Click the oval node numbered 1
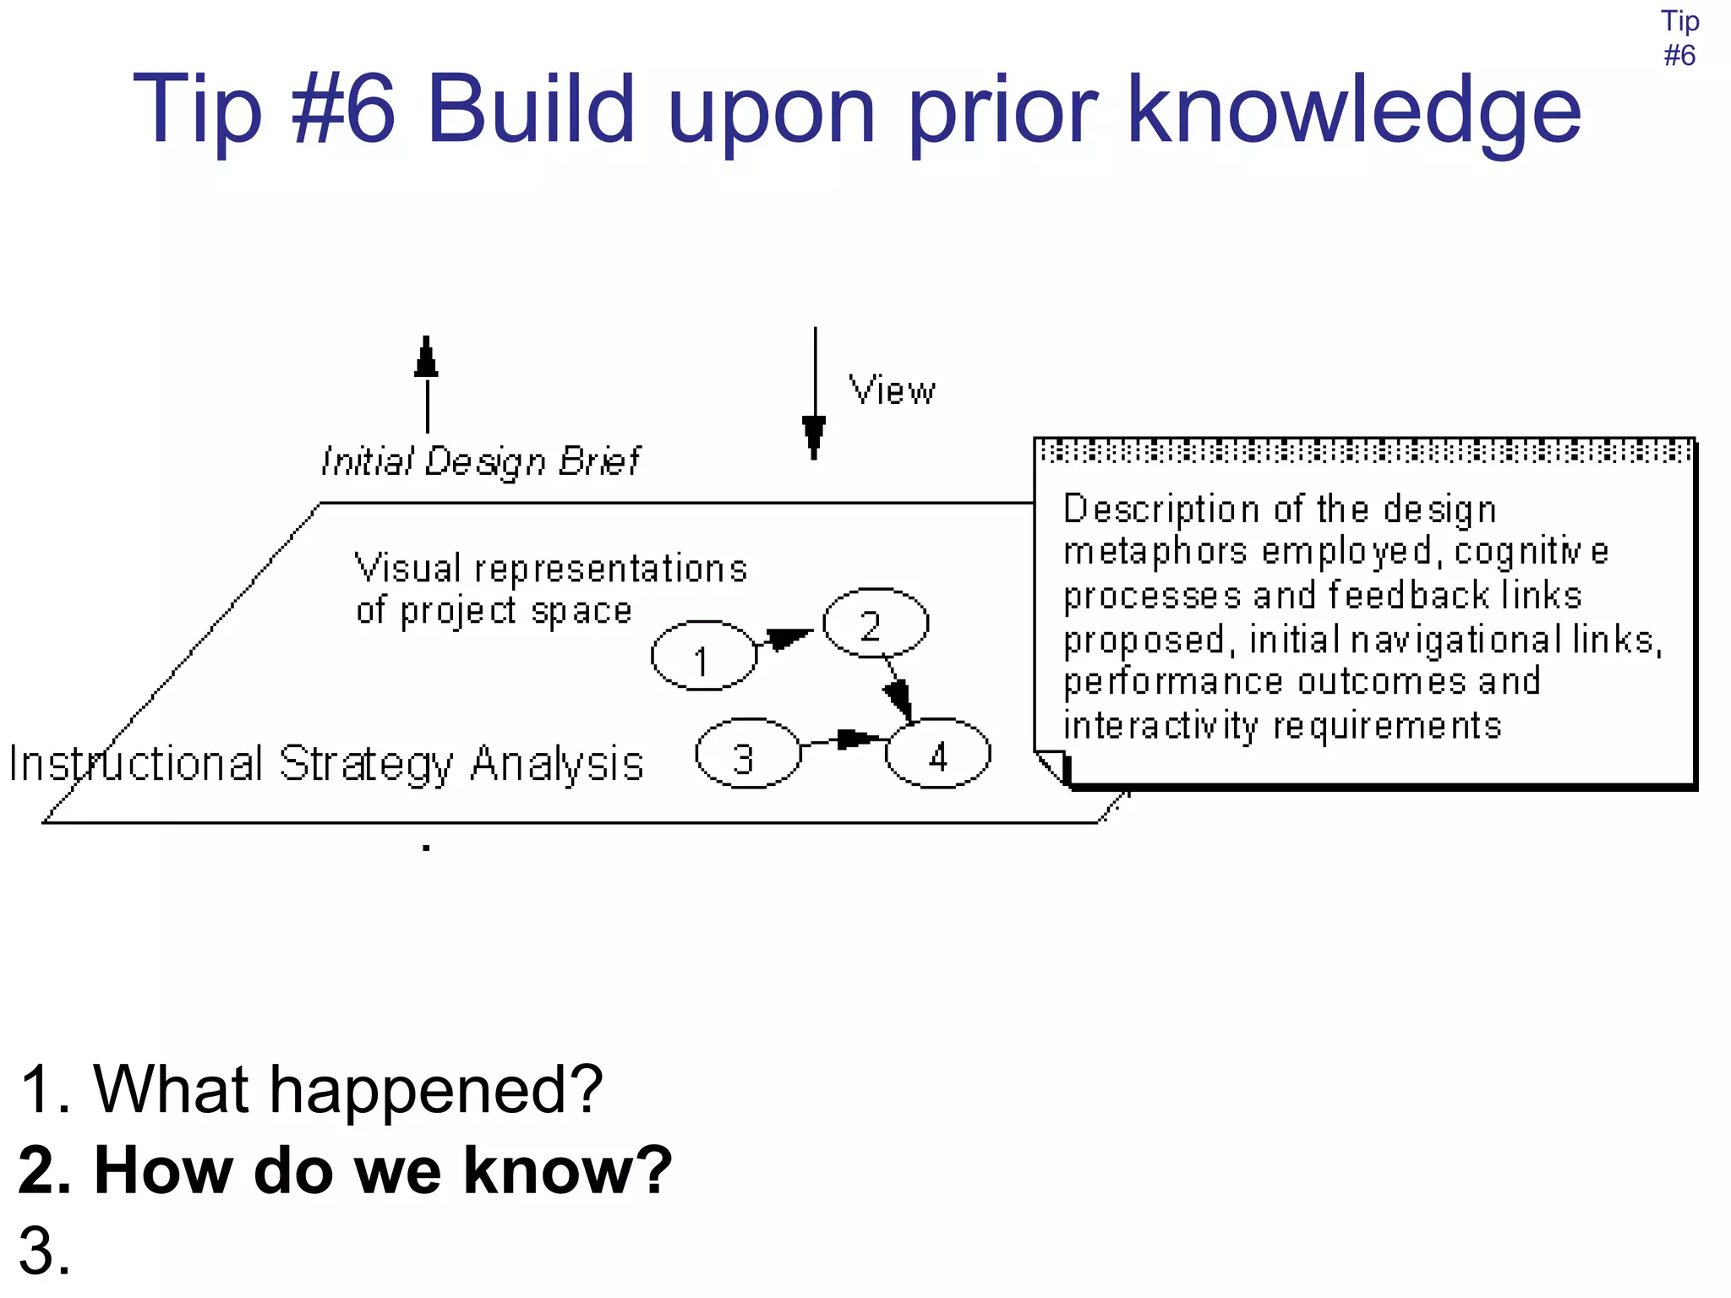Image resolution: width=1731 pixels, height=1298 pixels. [703, 656]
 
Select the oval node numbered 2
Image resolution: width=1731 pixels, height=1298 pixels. [876, 624]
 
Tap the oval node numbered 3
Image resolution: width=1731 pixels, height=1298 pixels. [747, 754]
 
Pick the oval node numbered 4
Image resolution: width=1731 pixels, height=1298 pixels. [937, 754]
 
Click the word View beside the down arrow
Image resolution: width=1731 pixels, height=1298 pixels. [892, 391]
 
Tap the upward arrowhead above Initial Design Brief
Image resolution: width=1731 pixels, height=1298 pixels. [427, 357]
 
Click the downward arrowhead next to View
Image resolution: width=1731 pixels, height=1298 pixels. [814, 434]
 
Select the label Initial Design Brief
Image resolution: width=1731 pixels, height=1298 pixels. [480, 461]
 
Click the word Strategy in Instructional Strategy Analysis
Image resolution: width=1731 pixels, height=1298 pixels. [366, 765]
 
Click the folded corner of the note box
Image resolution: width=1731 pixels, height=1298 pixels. [1053, 766]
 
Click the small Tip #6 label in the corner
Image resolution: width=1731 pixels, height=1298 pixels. [1679, 38]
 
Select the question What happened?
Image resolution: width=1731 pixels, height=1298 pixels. [310, 1089]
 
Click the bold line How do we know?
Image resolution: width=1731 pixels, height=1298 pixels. [345, 1170]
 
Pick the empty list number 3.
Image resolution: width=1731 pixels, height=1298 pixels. [44, 1252]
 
